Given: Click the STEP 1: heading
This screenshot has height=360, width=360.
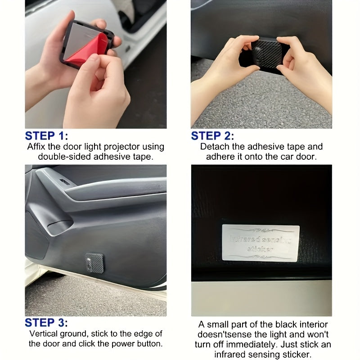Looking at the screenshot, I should [46, 136].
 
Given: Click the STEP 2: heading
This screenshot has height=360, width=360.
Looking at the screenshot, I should [212, 136].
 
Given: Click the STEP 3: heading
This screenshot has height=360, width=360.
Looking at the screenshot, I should [46, 323].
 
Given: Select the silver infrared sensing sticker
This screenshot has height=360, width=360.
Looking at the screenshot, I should [261, 243].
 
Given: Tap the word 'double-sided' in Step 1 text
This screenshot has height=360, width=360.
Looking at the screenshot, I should [60, 157].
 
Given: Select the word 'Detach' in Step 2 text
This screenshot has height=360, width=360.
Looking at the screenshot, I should [213, 147].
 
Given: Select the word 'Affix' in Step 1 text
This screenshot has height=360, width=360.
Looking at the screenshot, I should [37, 147].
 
